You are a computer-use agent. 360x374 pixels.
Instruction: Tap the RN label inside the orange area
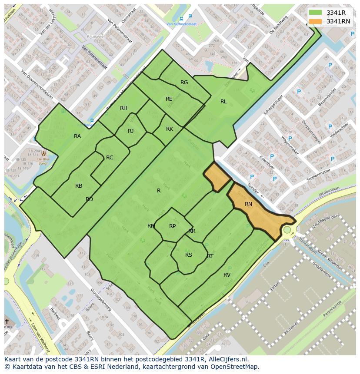(x=248, y=204)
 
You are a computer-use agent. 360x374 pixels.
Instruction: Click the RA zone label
(x=77, y=136)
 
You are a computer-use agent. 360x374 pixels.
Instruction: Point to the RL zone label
(x=223, y=102)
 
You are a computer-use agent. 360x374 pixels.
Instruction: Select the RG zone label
(x=184, y=83)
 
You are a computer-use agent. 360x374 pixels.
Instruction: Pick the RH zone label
(x=124, y=108)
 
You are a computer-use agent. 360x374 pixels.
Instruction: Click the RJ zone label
(x=131, y=131)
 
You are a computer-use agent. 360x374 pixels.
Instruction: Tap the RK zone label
(x=170, y=129)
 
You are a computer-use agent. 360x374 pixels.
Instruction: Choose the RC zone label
(x=110, y=158)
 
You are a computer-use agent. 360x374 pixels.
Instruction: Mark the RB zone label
(x=79, y=186)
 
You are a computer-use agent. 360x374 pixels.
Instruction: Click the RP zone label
(x=173, y=226)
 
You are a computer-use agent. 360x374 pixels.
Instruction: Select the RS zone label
(x=189, y=255)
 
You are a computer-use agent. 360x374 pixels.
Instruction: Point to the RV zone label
(x=227, y=275)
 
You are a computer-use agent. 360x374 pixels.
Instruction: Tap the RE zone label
(x=169, y=99)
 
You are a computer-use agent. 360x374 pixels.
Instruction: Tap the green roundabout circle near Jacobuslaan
(x=287, y=229)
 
